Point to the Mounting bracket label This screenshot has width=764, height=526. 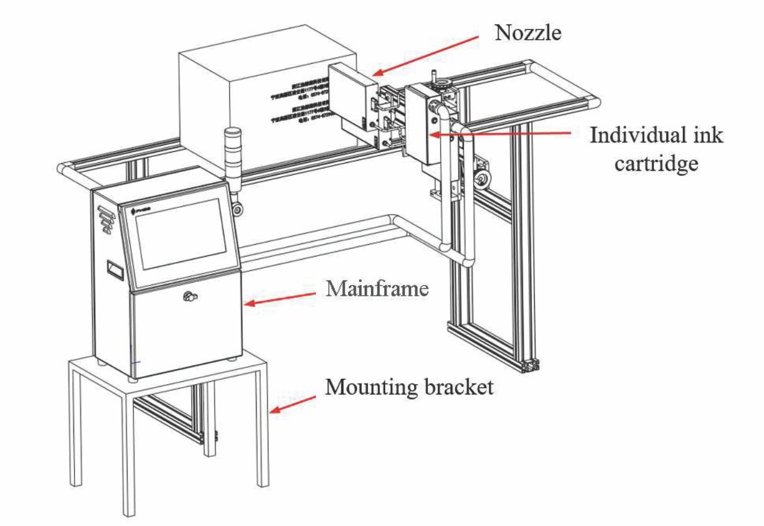(x=409, y=387)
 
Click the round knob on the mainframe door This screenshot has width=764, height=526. (x=191, y=296)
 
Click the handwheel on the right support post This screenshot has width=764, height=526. (x=481, y=179)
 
